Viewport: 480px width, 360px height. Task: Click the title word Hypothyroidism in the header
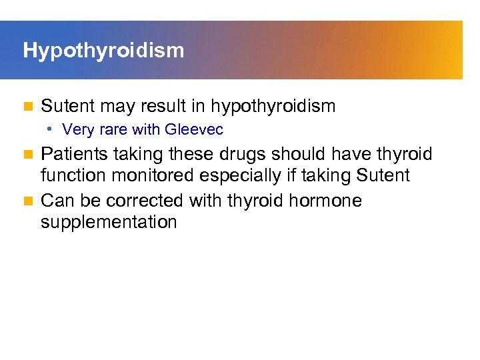103,51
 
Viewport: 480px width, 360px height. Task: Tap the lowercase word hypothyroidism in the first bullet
273,106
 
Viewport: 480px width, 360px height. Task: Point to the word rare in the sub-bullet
109,129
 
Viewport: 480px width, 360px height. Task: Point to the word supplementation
109,222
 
